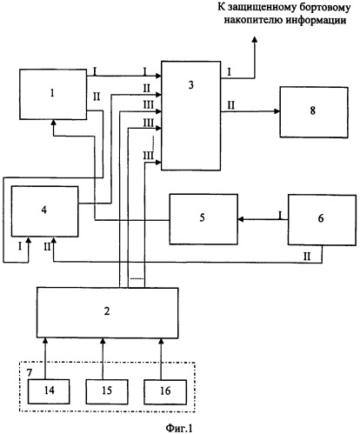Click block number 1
[x=53, y=94]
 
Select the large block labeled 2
[x=107, y=312]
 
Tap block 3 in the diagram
[x=190, y=116]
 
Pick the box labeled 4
[x=44, y=211]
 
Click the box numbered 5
[x=203, y=219]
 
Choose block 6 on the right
[x=322, y=220]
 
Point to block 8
[x=314, y=112]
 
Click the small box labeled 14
[x=49, y=391]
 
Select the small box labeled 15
[x=107, y=391]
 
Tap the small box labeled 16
[x=165, y=391]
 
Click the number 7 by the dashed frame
[x=30, y=373]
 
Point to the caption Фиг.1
[x=179, y=428]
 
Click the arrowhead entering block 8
[x=277, y=111]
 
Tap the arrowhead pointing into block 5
[x=241, y=220]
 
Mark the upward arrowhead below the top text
[x=255, y=40]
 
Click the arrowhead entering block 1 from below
[x=53, y=123]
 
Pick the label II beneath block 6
[x=307, y=257]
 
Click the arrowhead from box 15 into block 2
[x=103, y=341]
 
